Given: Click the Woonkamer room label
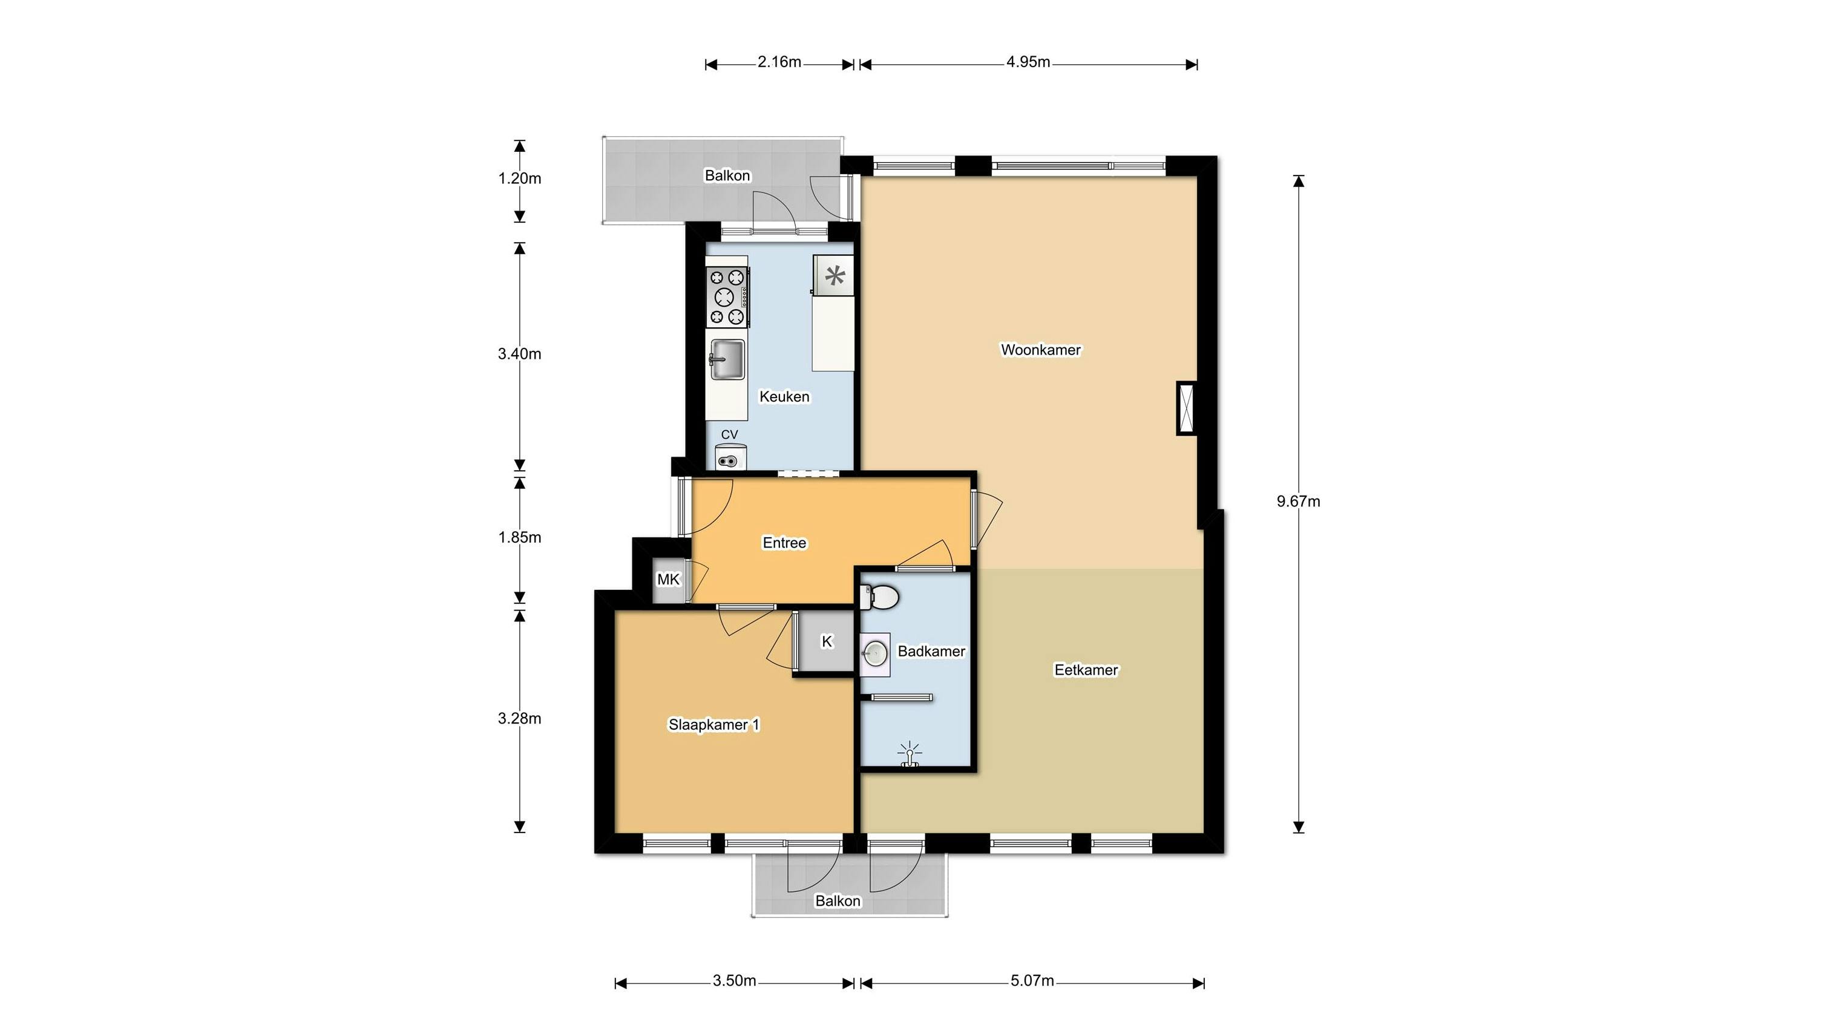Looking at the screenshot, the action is tap(1041, 349).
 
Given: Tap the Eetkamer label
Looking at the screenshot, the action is tap(1086, 670).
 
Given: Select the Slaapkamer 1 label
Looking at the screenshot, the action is tap(714, 724).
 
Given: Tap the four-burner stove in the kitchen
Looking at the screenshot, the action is tap(727, 297).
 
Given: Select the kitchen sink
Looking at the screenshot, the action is tap(727, 359).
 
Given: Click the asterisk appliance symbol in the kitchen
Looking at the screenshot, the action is tap(834, 275).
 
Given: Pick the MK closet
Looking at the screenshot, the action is tap(669, 580).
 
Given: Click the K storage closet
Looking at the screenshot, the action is tap(827, 641).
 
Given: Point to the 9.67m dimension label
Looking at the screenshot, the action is tap(1299, 502).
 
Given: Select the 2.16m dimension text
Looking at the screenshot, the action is tap(779, 62).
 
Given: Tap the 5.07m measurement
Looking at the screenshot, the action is tap(1032, 981).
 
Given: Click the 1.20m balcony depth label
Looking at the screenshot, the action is tap(520, 178).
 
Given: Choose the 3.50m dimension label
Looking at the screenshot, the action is tap(735, 981).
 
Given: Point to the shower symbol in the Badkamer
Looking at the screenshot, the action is tap(910, 754).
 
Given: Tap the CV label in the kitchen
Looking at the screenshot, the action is tap(730, 434).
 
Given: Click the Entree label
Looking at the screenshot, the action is tap(784, 543).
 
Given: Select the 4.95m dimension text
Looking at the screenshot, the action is tap(1028, 62).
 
